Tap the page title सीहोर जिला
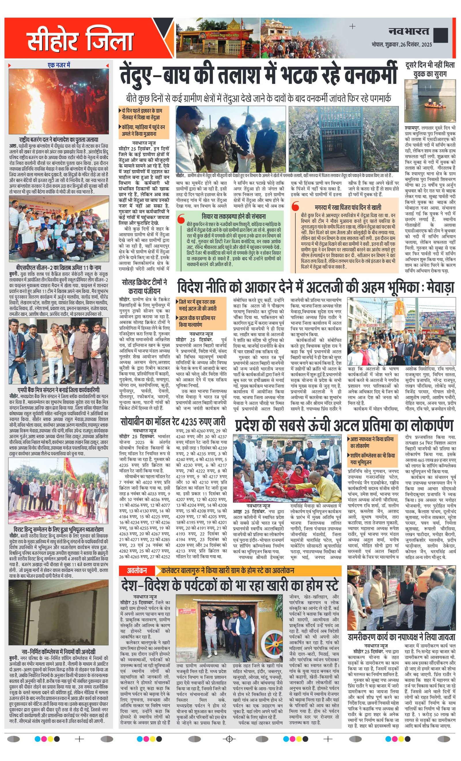point(80,39)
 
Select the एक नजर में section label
point(59,65)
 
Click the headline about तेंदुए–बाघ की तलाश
point(258,75)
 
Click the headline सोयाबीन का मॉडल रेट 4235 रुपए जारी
point(173,422)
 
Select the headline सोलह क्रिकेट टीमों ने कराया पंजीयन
point(144,286)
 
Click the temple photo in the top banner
point(217,38)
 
